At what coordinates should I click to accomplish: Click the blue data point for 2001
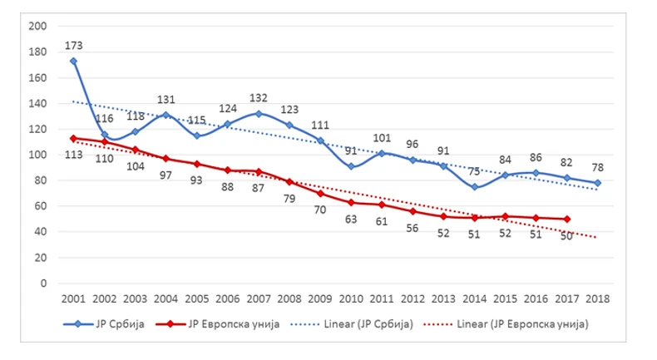coord(73,61)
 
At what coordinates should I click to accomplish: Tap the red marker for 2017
coord(567,219)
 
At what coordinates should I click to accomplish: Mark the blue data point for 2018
coord(598,183)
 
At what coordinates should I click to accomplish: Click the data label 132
coord(258,96)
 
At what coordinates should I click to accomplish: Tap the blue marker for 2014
coord(474,187)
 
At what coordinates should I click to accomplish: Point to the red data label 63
coord(350,221)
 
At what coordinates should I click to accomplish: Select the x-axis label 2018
coord(597,297)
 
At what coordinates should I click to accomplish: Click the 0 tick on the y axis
coord(41,283)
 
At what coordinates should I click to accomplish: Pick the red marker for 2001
coord(73,138)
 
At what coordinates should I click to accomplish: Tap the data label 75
coord(474,170)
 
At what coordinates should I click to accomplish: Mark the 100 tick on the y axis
coord(36,155)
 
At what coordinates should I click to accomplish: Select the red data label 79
coord(289,198)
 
